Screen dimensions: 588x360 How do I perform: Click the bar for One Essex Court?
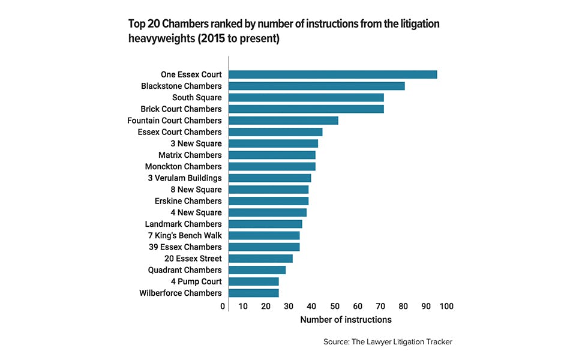332,74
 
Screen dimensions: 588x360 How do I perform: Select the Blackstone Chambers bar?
317,86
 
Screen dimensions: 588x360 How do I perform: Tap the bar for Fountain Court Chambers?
283,121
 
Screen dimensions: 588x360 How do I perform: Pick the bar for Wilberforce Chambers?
253,293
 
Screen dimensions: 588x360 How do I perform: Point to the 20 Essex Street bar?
260,259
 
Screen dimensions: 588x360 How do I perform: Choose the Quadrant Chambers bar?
257,270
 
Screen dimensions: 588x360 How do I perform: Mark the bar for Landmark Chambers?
265,224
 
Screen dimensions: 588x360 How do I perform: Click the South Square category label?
197,97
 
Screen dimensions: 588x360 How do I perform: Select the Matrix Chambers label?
190,155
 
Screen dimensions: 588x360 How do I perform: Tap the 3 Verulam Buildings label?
185,178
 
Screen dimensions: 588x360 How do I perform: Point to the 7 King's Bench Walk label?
185,235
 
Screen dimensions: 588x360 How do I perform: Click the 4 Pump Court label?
196,281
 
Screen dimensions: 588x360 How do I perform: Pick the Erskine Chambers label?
188,201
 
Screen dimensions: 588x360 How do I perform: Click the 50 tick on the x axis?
335,307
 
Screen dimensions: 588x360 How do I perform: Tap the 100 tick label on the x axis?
446,307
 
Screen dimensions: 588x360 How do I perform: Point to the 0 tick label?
223,307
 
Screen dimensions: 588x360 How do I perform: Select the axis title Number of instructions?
346,319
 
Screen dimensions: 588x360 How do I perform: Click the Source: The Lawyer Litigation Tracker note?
388,341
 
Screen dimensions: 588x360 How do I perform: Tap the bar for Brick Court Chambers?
307,109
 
